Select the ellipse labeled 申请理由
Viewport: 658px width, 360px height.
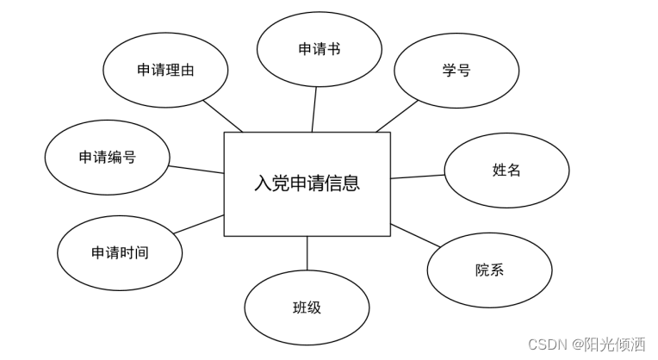click(165, 71)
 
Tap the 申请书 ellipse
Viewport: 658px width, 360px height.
click(320, 49)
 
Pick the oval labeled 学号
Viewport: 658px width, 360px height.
click(456, 71)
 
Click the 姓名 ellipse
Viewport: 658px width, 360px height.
click(506, 170)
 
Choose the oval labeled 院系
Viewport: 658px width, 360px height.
click(489, 270)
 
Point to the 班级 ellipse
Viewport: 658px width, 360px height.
click(307, 307)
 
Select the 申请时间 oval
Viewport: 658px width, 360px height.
click(120, 252)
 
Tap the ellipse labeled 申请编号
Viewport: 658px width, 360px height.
click(108, 157)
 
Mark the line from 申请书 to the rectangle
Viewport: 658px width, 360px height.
click(314, 109)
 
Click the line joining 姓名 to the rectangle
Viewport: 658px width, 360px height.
click(418, 177)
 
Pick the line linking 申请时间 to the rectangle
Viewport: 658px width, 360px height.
click(200, 224)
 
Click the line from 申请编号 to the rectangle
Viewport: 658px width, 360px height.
click(196, 169)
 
